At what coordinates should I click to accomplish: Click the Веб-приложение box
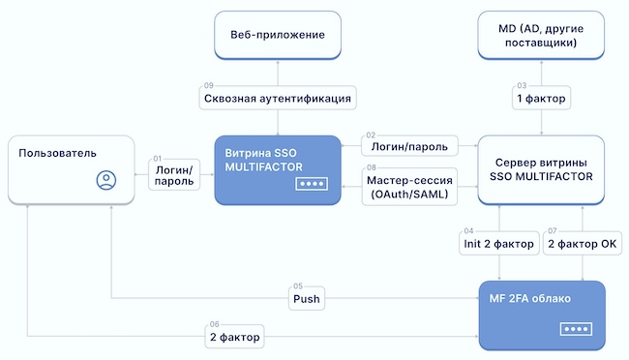(x=277, y=36)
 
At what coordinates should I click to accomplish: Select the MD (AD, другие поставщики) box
(x=542, y=36)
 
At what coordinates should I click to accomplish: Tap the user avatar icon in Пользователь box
(x=106, y=179)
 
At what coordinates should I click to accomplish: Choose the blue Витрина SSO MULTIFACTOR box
(x=278, y=169)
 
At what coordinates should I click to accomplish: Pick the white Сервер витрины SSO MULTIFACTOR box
(x=542, y=169)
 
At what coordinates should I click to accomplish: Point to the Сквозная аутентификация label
(x=278, y=99)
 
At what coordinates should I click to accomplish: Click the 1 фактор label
(x=542, y=99)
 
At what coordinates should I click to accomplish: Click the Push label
(x=307, y=300)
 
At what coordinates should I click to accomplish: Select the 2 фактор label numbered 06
(x=235, y=336)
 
